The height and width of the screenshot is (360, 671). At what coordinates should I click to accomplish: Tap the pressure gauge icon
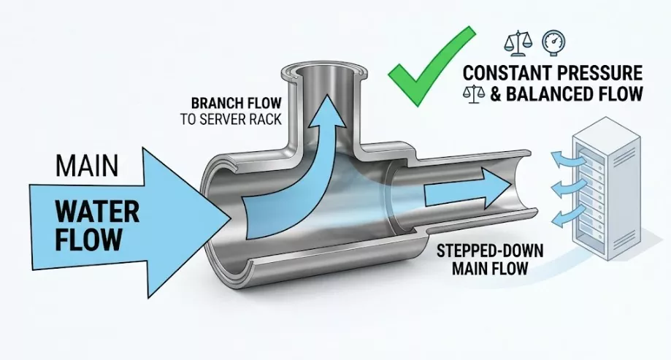pyautogui.click(x=553, y=42)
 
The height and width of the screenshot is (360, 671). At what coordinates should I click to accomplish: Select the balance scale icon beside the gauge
pyautogui.click(x=518, y=43)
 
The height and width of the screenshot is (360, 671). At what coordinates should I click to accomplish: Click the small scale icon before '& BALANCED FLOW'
pyautogui.click(x=474, y=93)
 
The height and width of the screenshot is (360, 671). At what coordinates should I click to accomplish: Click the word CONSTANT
pyautogui.click(x=503, y=73)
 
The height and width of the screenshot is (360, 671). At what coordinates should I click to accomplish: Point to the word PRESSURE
pyautogui.click(x=596, y=73)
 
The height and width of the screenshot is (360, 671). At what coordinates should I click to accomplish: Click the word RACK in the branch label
pyautogui.click(x=267, y=119)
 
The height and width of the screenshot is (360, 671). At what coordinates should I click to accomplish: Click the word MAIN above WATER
pyautogui.click(x=87, y=166)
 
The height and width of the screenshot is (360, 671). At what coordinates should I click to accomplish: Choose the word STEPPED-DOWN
pyautogui.click(x=490, y=251)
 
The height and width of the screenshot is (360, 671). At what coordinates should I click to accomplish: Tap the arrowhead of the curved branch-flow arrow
pyautogui.click(x=329, y=112)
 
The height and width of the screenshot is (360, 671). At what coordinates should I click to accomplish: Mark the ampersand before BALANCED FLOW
pyautogui.click(x=495, y=94)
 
